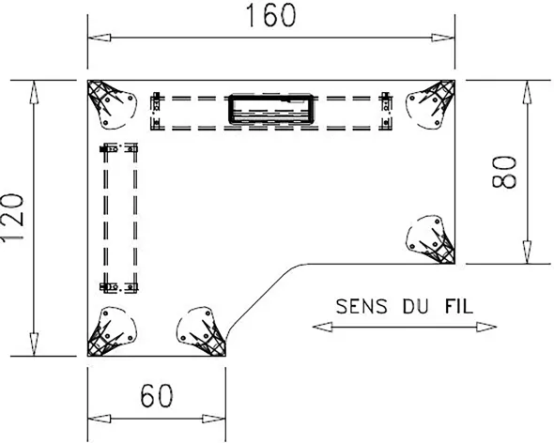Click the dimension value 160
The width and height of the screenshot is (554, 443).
(270, 16)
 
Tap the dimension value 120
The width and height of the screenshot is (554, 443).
(13, 217)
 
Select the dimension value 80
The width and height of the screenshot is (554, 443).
(504, 172)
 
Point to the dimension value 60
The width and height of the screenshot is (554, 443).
(157, 396)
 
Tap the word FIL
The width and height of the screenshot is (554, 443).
(458, 306)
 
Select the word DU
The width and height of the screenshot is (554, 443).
(415, 306)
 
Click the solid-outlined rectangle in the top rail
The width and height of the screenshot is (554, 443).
(271, 110)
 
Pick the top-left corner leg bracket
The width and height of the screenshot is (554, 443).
(111, 104)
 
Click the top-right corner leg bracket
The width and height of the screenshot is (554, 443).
(431, 104)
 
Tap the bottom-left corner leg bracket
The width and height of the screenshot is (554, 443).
(111, 331)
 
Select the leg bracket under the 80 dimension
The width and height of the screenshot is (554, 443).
(431, 239)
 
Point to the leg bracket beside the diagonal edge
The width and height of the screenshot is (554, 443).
(201, 331)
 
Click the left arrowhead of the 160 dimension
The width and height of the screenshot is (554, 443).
(100, 38)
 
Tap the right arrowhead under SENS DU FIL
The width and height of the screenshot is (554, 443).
(486, 328)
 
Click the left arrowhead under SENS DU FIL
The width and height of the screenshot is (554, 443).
(322, 328)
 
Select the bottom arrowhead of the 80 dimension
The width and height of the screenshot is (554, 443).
(527, 252)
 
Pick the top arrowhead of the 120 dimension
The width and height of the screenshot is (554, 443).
(34, 92)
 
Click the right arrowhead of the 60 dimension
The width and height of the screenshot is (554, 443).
(214, 419)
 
